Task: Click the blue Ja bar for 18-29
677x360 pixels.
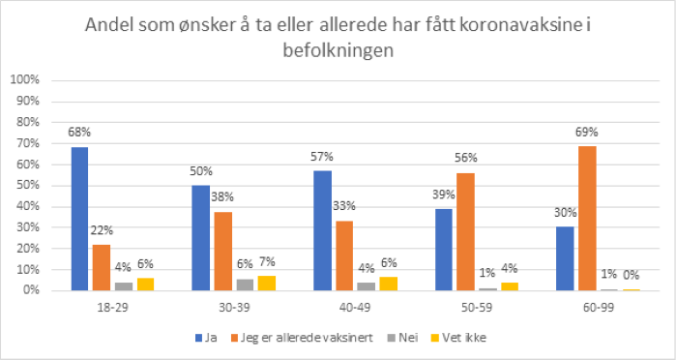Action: [79, 219]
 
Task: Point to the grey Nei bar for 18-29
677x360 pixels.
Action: [123, 285]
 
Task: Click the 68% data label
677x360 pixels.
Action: [79, 132]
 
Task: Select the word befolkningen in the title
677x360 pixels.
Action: [338, 52]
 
